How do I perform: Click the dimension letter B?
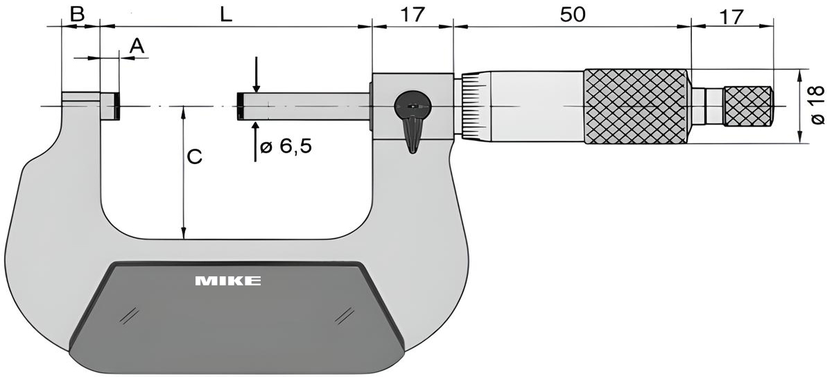point(78,14)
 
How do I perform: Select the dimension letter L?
point(225,14)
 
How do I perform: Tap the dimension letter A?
point(137,46)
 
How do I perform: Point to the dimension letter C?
point(195,158)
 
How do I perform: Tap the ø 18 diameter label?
point(817,106)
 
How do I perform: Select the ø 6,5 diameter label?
point(284,147)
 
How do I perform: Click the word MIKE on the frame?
point(227,281)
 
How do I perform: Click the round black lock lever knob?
point(413,106)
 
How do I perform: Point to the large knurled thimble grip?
point(636,106)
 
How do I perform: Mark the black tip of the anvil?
point(118,106)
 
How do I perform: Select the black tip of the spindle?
point(239,106)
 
